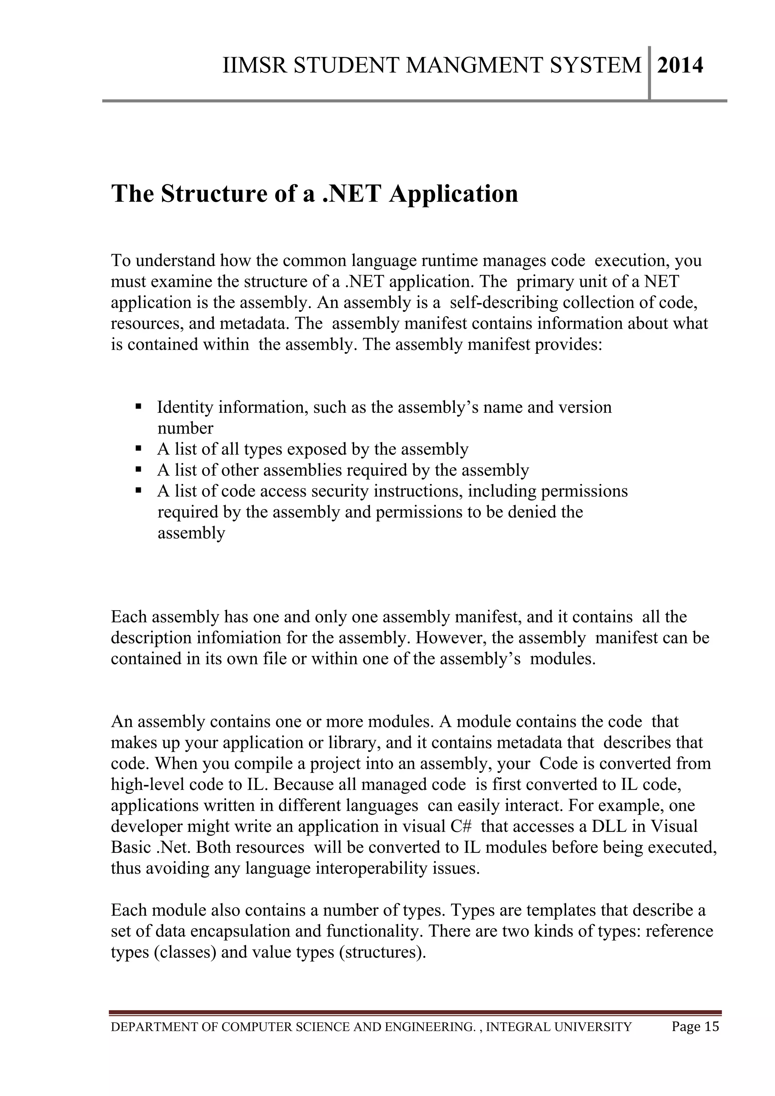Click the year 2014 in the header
tap(680, 66)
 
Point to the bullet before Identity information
tap(139, 407)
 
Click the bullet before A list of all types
tap(139, 449)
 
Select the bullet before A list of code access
tap(139, 490)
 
